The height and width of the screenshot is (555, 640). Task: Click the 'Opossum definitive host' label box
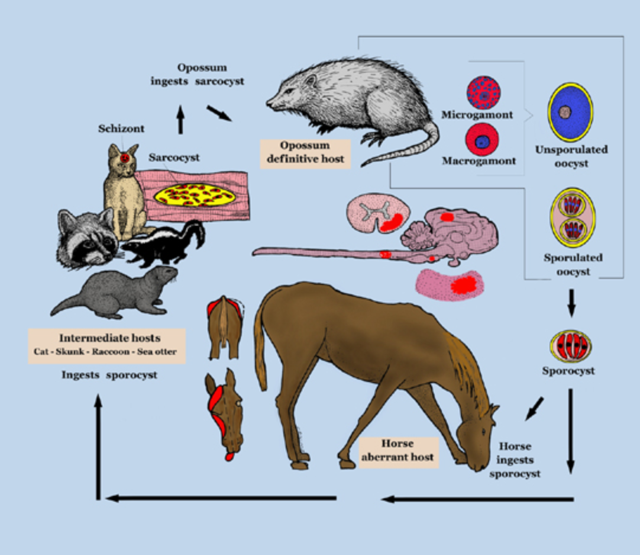(x=305, y=153)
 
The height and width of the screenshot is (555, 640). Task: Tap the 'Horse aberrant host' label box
(x=398, y=452)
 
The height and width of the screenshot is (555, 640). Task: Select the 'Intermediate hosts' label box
(x=107, y=346)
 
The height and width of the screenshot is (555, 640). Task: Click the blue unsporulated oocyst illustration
(x=570, y=112)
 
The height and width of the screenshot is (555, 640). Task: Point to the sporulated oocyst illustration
(x=572, y=218)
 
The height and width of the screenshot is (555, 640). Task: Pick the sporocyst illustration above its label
(x=570, y=347)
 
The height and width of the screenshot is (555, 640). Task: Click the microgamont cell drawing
(x=484, y=93)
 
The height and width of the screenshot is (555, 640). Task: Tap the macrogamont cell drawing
(x=483, y=140)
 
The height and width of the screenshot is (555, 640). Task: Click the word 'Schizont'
(x=121, y=129)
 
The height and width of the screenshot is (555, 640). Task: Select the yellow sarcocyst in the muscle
(x=195, y=194)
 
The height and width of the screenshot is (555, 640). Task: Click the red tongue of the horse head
(x=230, y=455)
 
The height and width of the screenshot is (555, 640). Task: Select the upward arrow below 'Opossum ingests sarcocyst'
(x=180, y=119)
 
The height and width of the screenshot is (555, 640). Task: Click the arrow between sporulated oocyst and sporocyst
(x=571, y=303)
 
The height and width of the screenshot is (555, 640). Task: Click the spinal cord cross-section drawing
(x=379, y=213)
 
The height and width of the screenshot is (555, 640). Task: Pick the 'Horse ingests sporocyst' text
(x=515, y=460)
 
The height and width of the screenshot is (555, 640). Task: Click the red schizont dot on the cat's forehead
(x=125, y=158)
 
